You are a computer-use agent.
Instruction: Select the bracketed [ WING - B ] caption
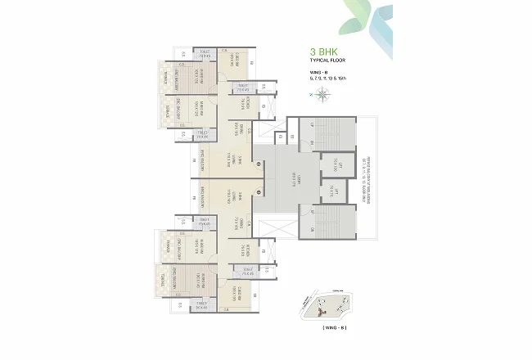pos(322,328)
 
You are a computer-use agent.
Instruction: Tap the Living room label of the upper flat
pos(237,155)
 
